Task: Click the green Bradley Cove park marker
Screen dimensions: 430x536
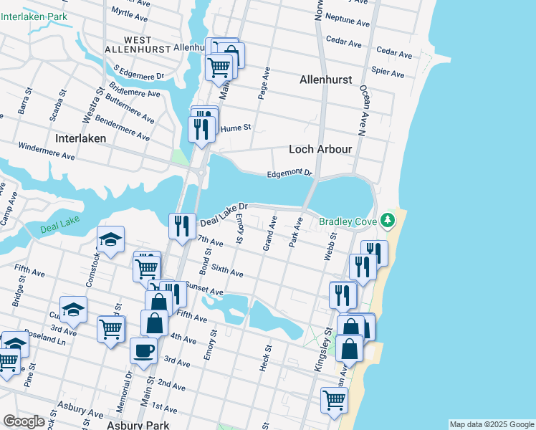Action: pos(388,219)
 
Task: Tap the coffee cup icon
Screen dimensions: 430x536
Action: pos(143,350)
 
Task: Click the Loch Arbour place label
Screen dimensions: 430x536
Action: pos(320,149)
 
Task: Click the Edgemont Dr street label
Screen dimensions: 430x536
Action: pos(289,173)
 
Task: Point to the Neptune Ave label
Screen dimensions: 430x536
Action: pos(348,19)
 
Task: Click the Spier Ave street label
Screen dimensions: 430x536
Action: pos(388,72)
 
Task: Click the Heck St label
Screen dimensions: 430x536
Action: pos(265,358)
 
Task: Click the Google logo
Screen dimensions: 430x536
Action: pos(24,421)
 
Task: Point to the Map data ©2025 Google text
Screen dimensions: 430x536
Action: pos(492,424)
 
